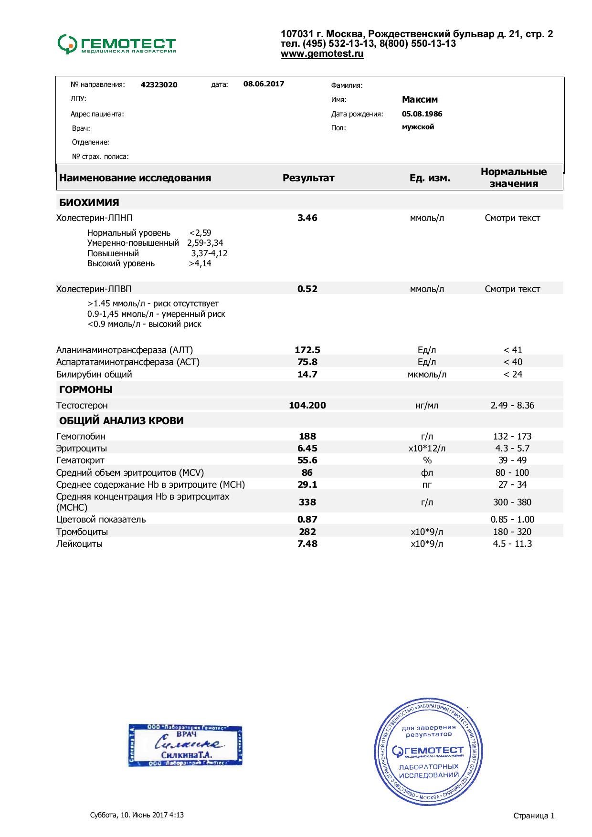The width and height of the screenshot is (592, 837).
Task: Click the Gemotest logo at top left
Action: coord(116,44)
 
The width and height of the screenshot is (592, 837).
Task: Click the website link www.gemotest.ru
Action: coord(322,54)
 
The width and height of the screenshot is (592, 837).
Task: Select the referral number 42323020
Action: coord(159,85)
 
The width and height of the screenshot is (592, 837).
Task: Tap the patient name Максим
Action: coord(420,100)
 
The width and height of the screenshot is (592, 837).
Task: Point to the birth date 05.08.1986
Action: coord(422,114)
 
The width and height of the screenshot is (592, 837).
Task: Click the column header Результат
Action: coord(308,178)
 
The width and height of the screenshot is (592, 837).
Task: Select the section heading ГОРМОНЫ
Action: coord(86,390)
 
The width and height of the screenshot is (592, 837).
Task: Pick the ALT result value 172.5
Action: coord(307,350)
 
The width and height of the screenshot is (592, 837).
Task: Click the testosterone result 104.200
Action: coord(307,405)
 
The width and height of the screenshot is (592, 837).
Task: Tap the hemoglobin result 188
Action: coord(307,436)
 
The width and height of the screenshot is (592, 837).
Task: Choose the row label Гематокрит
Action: coord(80,460)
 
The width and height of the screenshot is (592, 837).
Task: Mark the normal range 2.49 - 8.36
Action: coord(512,405)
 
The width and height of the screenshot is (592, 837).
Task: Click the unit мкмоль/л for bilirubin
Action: coord(427,374)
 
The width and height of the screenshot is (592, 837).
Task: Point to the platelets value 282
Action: coord(307,532)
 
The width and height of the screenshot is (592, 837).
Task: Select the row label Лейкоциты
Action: coord(79,544)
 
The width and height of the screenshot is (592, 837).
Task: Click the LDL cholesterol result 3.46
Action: coord(307,218)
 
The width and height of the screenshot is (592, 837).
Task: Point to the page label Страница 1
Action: coord(534,816)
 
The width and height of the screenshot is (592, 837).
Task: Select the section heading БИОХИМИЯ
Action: coord(89,202)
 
